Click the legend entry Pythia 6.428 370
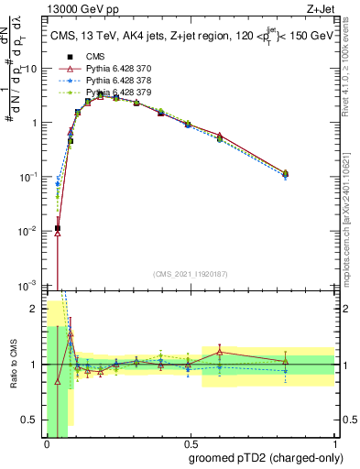click(119, 69)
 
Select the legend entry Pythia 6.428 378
click(119, 81)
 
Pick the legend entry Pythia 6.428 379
click(119, 93)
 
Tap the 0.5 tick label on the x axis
click(190, 446)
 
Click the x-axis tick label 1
click(334, 446)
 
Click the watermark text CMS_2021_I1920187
click(190, 274)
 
